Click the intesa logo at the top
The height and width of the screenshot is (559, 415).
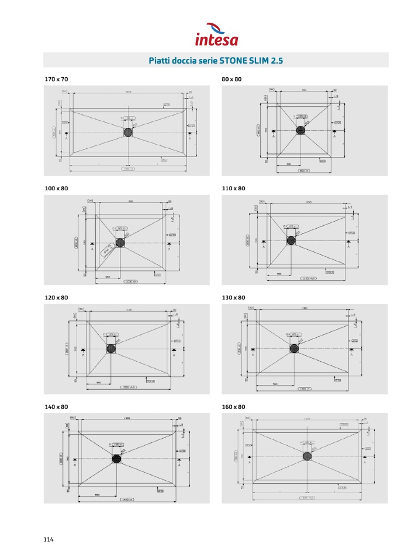point(216,34)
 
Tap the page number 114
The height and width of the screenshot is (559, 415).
point(49,540)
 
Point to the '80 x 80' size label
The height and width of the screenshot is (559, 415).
point(231,79)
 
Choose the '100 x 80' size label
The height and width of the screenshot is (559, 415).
point(56,188)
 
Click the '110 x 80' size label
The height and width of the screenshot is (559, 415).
point(233,188)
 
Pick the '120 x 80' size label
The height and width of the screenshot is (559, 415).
point(56,298)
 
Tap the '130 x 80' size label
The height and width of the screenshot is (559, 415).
point(233,298)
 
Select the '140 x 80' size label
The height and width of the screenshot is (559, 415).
point(56,407)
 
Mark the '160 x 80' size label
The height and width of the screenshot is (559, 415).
point(233,407)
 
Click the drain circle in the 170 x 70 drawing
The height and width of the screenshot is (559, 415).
point(128,132)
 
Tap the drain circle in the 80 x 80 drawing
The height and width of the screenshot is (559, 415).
point(301,130)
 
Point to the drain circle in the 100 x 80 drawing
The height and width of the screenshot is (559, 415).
point(120,242)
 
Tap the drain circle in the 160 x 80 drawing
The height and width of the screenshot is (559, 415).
point(308,457)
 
